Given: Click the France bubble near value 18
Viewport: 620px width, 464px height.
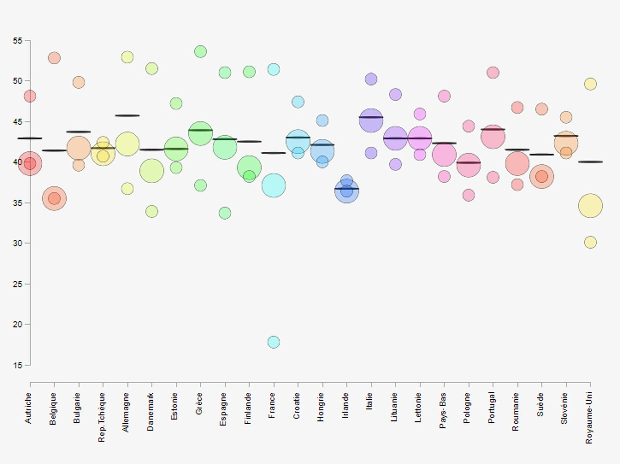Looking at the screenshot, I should (274, 342).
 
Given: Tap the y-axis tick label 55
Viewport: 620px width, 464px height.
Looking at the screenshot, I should (17, 41).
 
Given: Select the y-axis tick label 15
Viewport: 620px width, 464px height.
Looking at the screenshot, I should (17, 365).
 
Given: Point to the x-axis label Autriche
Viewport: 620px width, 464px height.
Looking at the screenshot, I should (28, 408).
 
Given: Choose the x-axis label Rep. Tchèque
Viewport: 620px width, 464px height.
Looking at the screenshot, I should (102, 417).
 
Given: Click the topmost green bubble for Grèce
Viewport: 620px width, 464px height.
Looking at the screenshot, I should (201, 52).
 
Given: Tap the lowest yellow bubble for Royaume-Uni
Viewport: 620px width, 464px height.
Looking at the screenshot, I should (590, 242).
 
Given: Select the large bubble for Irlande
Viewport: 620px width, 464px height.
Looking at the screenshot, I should (347, 191).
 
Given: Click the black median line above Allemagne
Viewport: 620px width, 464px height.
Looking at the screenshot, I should (128, 116).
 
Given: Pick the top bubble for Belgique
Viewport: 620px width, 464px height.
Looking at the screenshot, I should (54, 58).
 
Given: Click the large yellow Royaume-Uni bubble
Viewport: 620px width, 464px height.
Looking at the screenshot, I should (590, 206).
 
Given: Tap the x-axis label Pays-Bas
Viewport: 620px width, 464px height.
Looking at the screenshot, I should (443, 410).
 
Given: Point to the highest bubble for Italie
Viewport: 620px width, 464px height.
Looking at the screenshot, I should (371, 79).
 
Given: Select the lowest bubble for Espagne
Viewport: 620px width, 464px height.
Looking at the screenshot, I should (225, 213).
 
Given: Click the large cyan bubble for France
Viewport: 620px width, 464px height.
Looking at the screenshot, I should (274, 185).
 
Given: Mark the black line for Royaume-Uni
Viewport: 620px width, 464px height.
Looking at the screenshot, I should (590, 162).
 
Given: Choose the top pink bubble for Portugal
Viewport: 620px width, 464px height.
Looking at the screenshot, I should (493, 72).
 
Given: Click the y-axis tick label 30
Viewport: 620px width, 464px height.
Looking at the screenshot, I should (17, 243).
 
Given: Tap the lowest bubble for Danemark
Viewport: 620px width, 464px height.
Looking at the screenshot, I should (152, 212).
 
